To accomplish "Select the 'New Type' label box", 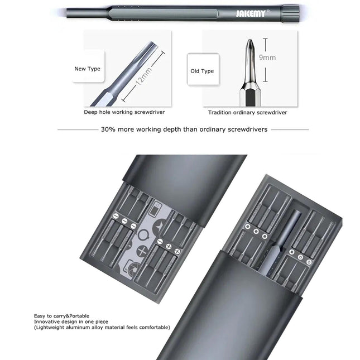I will click(88, 69).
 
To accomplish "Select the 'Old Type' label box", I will click(202, 71).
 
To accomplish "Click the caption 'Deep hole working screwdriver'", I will click(124, 112).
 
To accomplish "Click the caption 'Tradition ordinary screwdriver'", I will click(248, 112).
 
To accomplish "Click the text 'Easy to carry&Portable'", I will click(61, 316).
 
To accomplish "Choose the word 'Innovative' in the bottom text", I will click(47, 322).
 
